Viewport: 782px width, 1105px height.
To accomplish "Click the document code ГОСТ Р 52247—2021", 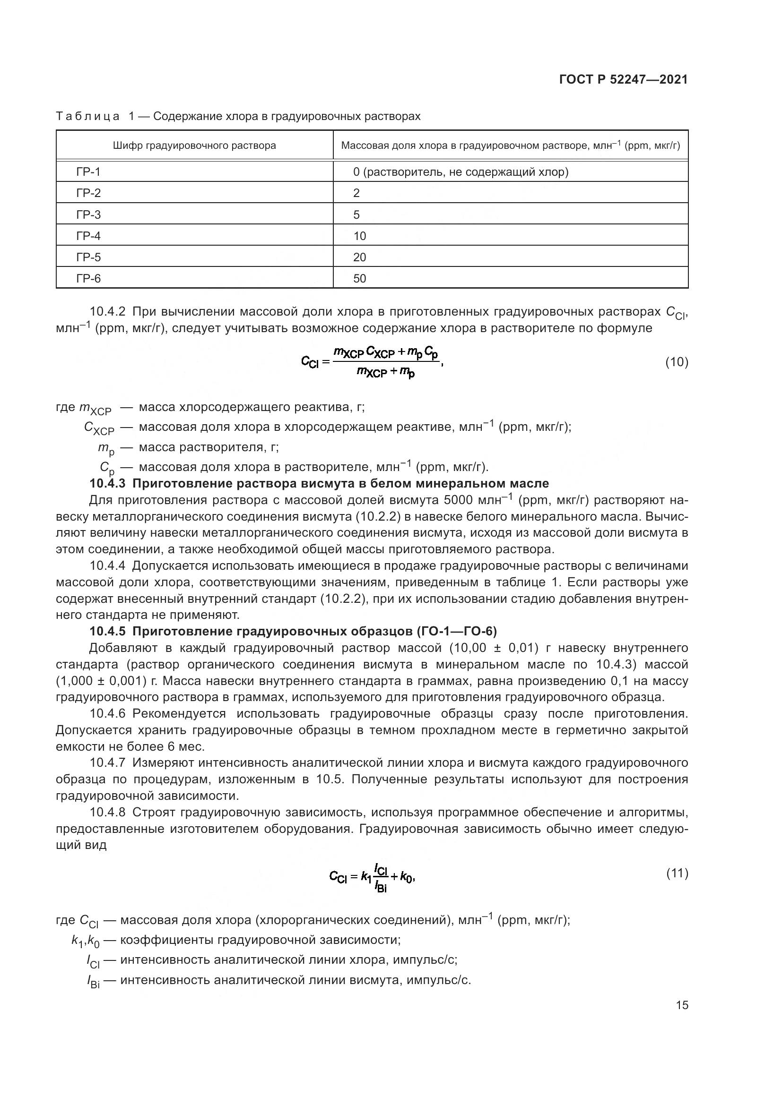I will coord(623,79).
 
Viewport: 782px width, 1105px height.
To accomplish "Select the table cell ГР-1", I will coord(88,172).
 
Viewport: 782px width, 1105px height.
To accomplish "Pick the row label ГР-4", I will coord(88,236).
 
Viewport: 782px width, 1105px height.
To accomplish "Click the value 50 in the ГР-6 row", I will coord(359,279).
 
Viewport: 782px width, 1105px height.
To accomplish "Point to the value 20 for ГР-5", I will coord(359,257).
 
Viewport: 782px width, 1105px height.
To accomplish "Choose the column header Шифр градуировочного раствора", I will coord(194,146).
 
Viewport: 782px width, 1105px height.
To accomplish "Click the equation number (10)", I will coord(677,362).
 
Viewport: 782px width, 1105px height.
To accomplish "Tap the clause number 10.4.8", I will coord(108,813).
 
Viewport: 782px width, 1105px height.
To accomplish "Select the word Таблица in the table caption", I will coord(87,117).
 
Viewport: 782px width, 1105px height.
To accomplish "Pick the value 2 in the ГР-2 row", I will coord(356,194).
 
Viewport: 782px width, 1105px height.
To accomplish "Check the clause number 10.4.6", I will coord(108,714).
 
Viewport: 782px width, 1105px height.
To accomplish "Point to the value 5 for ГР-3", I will coord(356,214).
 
